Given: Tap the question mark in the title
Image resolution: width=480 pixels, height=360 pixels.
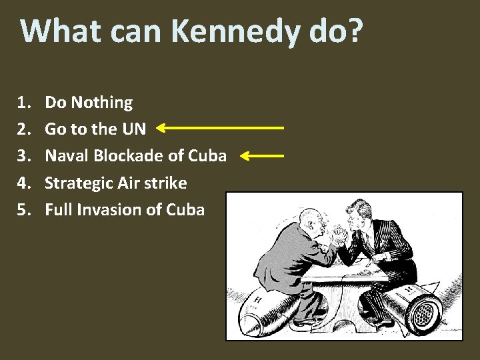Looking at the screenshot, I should [355, 31].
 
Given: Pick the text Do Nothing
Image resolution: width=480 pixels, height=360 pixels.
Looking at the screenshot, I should [89, 103].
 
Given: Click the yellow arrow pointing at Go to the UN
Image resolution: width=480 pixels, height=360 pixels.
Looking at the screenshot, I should [220, 127].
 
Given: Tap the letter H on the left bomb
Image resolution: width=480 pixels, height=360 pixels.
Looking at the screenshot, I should [257, 300].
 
